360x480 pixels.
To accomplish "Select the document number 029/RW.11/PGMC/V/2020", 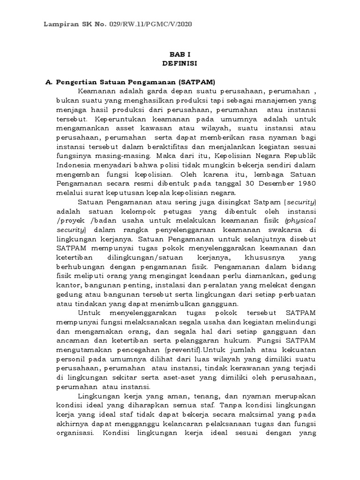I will [x=153, y=24].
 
